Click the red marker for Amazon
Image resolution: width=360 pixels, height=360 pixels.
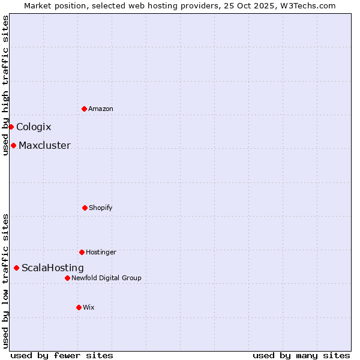point(84,109)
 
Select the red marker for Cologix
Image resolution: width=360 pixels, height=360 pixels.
point(11,127)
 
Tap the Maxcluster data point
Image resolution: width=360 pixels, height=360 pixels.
point(13,145)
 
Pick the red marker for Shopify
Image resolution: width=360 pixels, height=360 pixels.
point(85,208)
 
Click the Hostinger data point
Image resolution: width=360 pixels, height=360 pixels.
point(82,252)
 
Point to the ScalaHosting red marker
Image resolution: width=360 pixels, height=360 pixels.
point(16,268)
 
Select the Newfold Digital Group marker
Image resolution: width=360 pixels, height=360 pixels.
point(67,278)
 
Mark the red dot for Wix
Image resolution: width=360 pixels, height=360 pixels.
point(79,307)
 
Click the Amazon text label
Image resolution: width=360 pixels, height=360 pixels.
point(101,109)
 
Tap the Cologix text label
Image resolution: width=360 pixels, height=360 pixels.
point(34,127)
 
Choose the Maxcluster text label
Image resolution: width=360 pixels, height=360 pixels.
point(44,145)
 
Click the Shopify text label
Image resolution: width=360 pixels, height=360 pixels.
point(101,208)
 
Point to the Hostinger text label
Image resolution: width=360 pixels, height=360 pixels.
point(101,252)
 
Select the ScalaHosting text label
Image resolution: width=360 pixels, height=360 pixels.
point(53,268)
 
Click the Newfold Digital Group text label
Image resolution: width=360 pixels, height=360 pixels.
point(106,278)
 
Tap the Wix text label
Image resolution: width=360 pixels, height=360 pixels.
point(89,307)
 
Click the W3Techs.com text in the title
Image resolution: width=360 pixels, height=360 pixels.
point(306,5)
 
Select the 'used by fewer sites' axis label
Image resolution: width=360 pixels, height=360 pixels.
point(62,355)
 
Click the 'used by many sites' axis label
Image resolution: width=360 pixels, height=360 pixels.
point(301,355)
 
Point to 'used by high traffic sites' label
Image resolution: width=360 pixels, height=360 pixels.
point(5,85)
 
